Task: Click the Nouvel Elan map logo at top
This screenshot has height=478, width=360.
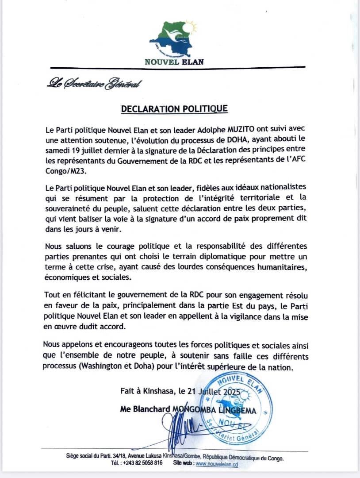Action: pyautogui.click(x=174, y=39)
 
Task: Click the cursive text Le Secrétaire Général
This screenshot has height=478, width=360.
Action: pyautogui.click(x=95, y=83)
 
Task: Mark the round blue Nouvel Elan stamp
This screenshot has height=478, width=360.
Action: pyautogui.click(x=239, y=408)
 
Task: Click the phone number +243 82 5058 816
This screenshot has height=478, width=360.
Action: pyautogui.click(x=142, y=463)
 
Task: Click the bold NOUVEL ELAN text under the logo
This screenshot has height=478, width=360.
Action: pyautogui.click(x=174, y=62)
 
